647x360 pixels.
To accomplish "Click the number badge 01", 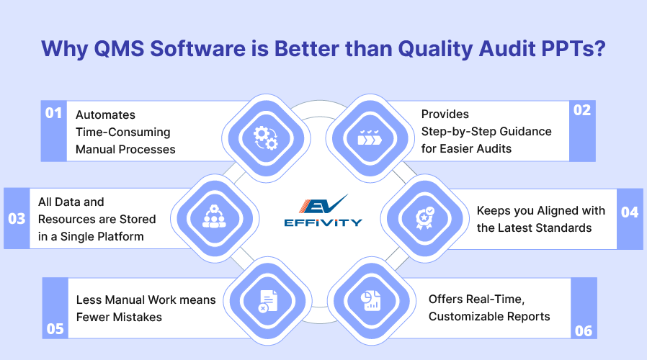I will [x=53, y=113].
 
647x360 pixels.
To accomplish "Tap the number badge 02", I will [x=582, y=110].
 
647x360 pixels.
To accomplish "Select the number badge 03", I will [x=17, y=219].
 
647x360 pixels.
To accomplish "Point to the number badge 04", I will [x=630, y=212].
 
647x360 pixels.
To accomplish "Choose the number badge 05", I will [x=55, y=328].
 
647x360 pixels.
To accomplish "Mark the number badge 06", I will [x=584, y=330].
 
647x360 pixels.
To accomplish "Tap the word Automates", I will [x=105, y=114].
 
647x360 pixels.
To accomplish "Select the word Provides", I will [x=445, y=114].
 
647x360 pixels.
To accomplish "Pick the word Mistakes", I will [x=137, y=317].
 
